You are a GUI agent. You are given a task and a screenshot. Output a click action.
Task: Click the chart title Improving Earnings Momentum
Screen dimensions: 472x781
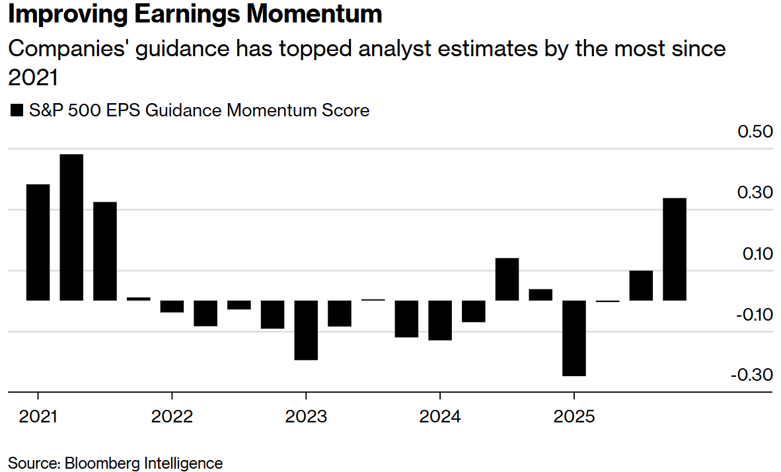(x=195, y=15)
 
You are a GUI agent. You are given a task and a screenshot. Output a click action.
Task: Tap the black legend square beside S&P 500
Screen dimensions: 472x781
(x=16, y=111)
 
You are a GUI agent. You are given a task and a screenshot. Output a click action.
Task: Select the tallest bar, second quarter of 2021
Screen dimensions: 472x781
(x=71, y=227)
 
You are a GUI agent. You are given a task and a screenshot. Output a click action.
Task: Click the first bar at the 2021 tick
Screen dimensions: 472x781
(x=38, y=242)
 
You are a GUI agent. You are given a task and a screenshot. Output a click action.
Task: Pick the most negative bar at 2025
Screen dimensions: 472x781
(x=574, y=338)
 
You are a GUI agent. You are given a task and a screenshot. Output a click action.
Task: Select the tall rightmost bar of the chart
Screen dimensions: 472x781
(x=675, y=249)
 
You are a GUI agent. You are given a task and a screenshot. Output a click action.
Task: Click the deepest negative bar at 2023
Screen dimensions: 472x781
(x=306, y=330)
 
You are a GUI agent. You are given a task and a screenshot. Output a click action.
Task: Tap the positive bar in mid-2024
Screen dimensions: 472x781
(x=507, y=279)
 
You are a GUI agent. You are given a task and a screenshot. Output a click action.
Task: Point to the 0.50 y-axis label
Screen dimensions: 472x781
(x=755, y=132)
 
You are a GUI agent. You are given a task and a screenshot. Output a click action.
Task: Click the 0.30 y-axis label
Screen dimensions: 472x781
(x=755, y=193)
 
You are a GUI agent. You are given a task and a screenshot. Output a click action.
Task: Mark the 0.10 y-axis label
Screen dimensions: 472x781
(x=755, y=254)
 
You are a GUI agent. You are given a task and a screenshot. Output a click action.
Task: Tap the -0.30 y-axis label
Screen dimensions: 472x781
(x=752, y=375)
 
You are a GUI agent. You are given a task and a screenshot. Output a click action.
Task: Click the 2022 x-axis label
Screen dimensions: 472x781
(x=172, y=418)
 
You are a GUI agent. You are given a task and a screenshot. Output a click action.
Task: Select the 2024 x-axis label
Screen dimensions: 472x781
(x=440, y=418)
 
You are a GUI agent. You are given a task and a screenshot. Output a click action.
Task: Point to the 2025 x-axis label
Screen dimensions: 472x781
(x=574, y=418)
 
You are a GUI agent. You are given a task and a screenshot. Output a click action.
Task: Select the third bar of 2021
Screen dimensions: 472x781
(x=105, y=251)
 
